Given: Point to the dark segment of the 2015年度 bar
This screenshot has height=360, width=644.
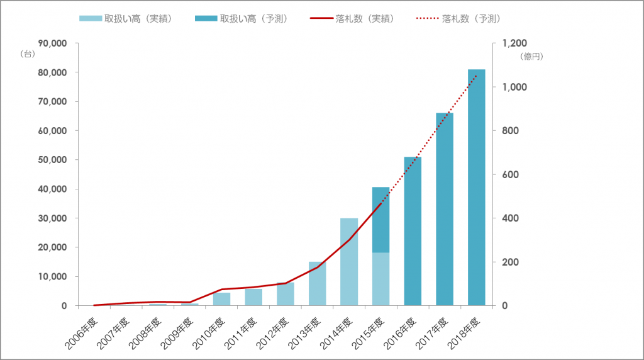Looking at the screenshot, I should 380,220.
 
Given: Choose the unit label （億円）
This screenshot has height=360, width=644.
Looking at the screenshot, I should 531,56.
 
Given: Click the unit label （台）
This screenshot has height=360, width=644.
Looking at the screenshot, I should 28,53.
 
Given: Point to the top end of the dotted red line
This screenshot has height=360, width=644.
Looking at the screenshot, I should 477,75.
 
